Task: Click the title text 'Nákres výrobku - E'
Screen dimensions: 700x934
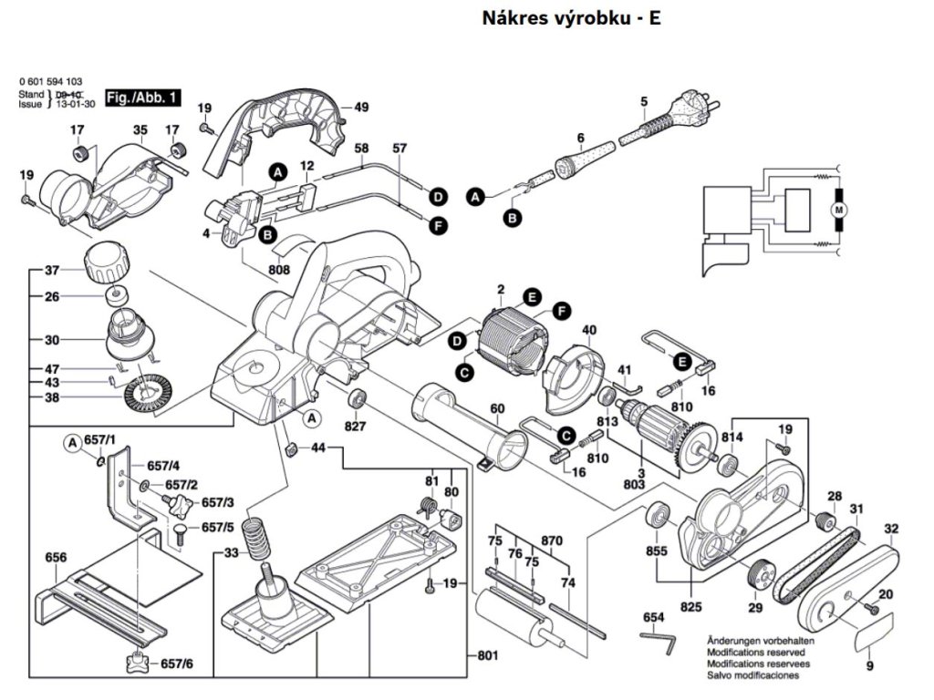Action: pos(571,18)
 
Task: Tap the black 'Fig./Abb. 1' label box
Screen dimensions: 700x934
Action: pos(144,97)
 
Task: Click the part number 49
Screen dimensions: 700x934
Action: pos(361,108)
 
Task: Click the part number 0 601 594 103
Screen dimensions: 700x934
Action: pos(57,82)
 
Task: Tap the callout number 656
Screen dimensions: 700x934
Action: pos(56,557)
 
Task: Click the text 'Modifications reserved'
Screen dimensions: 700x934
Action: pos(755,653)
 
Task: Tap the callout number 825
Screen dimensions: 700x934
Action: pos(690,605)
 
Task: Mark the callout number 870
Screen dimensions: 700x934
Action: pos(550,540)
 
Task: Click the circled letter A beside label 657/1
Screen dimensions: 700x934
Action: pos(73,443)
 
